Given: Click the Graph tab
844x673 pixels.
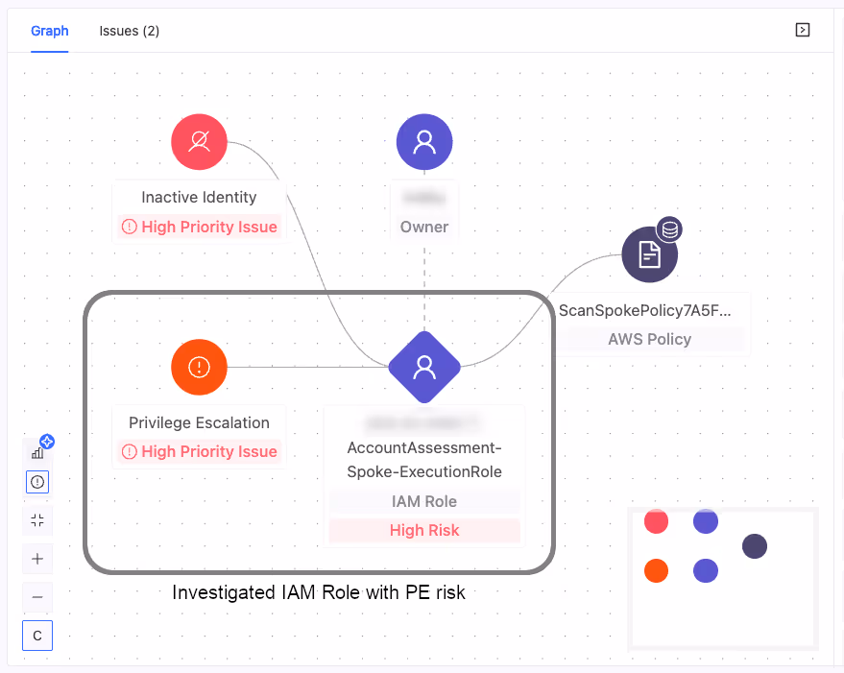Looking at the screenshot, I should click(x=50, y=31).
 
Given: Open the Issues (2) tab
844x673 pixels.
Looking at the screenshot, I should click(x=129, y=31).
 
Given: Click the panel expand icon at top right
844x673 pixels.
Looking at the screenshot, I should click(x=803, y=30).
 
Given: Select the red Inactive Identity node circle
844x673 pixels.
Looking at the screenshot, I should click(x=199, y=143).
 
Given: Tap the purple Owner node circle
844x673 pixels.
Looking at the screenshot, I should click(x=424, y=143).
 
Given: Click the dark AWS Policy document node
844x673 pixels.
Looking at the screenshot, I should click(x=650, y=255).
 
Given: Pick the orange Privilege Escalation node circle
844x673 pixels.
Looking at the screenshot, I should click(x=199, y=367).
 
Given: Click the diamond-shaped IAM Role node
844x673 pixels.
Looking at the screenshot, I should click(x=424, y=367).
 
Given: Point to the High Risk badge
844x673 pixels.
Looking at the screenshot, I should click(x=424, y=530).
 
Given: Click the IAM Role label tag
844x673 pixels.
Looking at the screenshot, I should click(x=424, y=501).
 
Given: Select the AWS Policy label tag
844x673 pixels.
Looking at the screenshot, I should click(x=650, y=339).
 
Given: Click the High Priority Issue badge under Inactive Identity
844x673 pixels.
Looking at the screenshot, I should click(x=200, y=228).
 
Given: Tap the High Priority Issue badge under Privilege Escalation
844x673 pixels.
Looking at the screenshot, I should click(x=200, y=451).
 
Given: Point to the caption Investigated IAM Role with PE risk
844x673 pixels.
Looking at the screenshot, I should click(x=319, y=592).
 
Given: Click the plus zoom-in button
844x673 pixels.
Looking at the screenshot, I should click(x=37, y=559).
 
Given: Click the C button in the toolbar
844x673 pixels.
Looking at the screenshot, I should click(x=37, y=636).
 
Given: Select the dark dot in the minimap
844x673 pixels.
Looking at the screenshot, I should click(x=755, y=547).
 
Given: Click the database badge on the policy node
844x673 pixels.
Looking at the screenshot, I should click(x=669, y=229).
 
